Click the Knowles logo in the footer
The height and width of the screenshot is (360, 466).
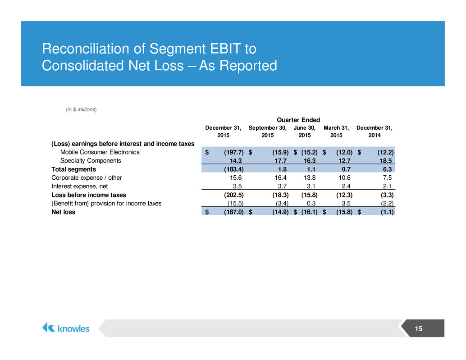(66, 328)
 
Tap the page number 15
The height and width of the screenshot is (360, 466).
(418, 328)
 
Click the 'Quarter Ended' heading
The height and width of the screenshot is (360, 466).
(298, 120)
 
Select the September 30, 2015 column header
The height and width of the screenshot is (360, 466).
(267, 131)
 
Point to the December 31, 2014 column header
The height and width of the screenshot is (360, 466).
(375, 131)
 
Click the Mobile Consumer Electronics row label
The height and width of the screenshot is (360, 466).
(100, 152)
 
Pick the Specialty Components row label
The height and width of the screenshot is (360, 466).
(91, 161)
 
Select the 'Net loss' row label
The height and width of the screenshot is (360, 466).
(63, 212)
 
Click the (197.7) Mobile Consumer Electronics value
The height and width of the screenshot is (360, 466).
(234, 152)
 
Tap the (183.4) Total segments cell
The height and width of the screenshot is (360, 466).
(234, 169)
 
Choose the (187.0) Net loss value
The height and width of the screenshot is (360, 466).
(234, 212)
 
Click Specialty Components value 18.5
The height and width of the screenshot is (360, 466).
(386, 161)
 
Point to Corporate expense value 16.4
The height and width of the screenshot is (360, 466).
(281, 178)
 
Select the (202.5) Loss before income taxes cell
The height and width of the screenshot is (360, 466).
(234, 195)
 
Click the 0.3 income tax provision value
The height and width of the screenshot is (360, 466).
(311, 204)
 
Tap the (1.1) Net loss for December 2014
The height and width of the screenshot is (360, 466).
(387, 212)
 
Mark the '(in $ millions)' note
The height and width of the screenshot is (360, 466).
(81, 109)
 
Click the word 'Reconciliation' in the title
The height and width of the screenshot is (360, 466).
(86, 49)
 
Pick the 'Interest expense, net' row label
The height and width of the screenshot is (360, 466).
(80, 186)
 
